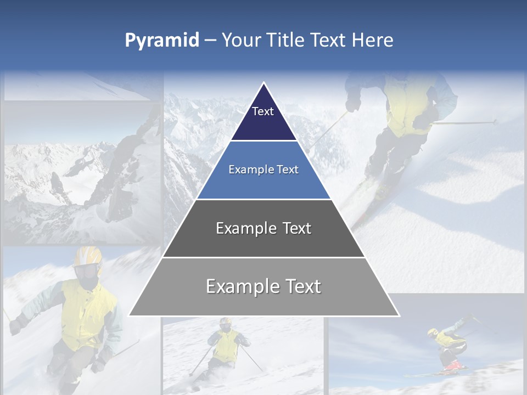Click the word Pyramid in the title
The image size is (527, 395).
[x=162, y=41]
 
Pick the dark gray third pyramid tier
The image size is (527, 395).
[x=263, y=241]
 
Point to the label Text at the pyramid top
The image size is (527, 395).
[x=263, y=111]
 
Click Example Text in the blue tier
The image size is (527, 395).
[x=263, y=170]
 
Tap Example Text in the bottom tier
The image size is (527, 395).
[x=263, y=286]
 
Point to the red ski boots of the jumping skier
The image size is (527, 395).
[x=453, y=365]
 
